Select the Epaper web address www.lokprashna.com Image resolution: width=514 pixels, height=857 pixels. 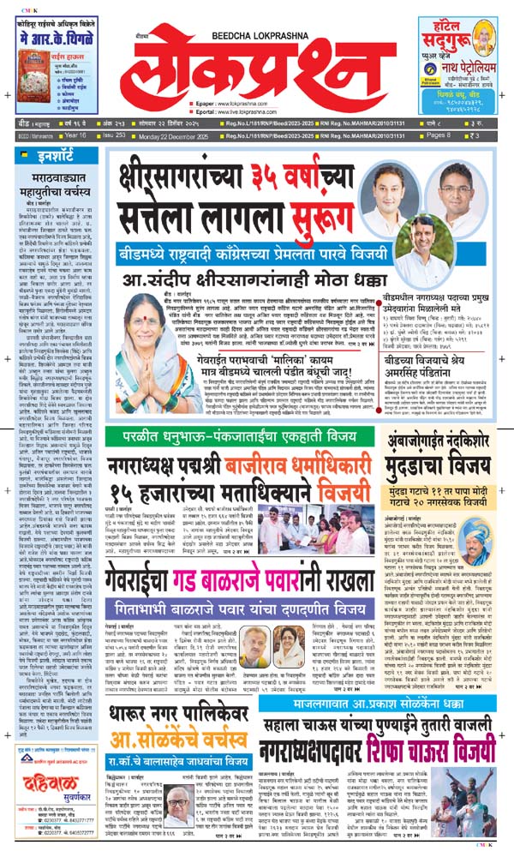click(x=237, y=112)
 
